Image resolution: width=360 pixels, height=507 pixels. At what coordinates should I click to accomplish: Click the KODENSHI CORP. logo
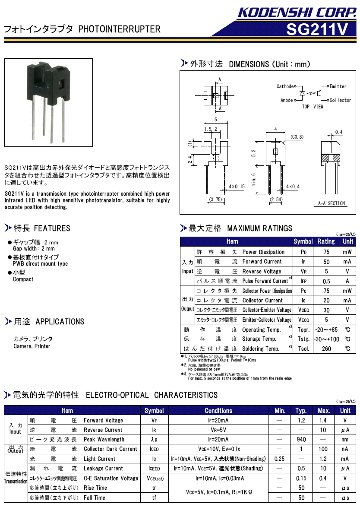(297, 12)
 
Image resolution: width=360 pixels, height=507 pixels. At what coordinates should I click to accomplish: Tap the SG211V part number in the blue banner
(317, 29)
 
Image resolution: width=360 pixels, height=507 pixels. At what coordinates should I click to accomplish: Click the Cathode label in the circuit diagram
(285, 86)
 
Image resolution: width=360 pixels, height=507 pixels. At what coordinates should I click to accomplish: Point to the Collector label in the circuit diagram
(341, 100)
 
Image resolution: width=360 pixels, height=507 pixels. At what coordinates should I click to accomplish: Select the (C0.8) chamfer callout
(297, 137)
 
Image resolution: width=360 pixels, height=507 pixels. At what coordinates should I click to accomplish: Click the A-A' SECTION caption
(332, 203)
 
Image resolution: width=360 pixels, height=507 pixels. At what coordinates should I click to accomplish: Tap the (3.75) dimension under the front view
(215, 200)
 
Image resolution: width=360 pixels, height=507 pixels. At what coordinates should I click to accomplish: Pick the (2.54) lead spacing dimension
(276, 200)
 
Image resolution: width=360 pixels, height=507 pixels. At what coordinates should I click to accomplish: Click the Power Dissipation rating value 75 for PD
(326, 252)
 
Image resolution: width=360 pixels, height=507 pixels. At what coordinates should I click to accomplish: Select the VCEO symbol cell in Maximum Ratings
(303, 310)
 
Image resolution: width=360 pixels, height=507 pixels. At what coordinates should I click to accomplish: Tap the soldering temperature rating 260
(326, 349)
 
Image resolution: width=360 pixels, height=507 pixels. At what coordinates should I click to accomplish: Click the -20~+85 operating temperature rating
(326, 330)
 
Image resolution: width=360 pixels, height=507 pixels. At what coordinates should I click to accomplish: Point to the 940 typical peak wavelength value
(301, 440)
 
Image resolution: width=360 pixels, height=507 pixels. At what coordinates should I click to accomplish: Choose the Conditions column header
(218, 411)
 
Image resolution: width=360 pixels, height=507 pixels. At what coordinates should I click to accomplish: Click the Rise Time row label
(95, 488)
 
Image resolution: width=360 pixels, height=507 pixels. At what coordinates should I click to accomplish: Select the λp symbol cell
(154, 440)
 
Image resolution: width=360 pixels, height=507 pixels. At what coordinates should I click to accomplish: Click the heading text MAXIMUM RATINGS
(259, 228)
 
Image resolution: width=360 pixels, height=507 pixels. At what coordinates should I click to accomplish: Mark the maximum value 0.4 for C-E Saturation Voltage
(323, 478)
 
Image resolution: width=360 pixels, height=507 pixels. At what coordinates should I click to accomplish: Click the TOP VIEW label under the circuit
(313, 107)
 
